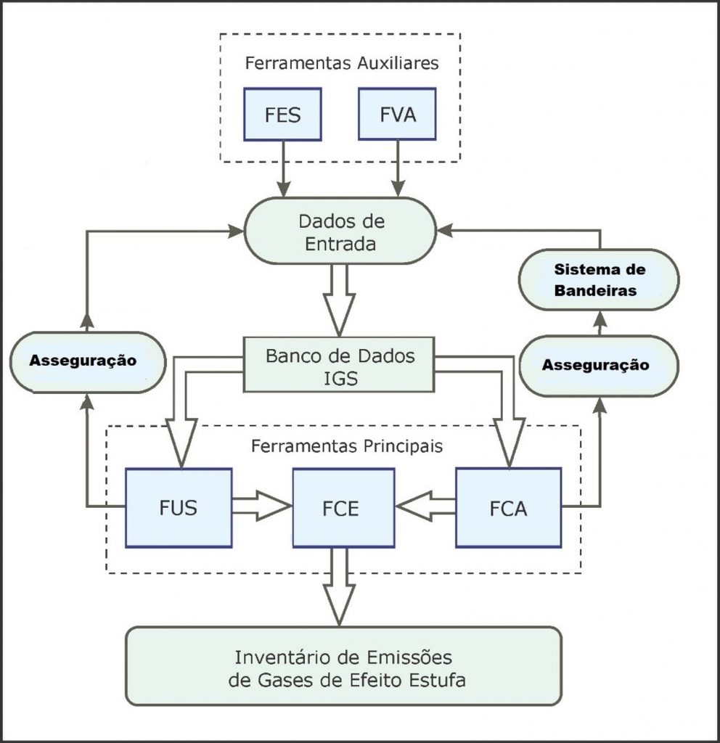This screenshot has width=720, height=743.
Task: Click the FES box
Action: point(283,114)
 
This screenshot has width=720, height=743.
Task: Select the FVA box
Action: point(398,114)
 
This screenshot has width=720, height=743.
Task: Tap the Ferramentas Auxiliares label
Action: point(341,62)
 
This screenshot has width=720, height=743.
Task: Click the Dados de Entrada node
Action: point(340,231)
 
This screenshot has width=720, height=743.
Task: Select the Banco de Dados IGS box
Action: point(340,367)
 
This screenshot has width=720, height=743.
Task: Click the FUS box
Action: point(179,507)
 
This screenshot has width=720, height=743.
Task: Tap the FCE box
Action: point(343,507)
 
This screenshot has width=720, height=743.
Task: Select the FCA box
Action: point(508,507)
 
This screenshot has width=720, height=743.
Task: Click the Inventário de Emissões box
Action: point(343,666)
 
